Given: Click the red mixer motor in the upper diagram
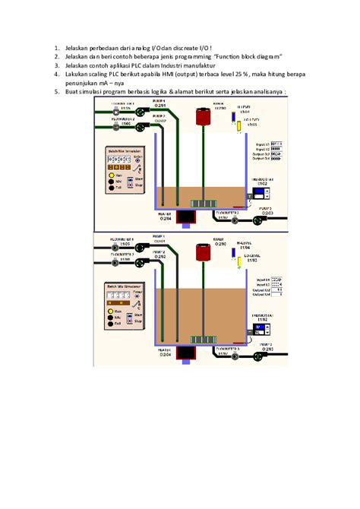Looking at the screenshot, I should (204, 116).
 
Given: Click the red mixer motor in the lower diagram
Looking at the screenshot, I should (204, 253).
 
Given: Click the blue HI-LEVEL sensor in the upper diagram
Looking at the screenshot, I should (234, 118).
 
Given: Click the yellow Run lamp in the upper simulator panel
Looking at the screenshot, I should (111, 175).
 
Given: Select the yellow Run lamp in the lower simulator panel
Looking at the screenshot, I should (111, 311).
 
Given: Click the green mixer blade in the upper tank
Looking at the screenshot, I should (204, 203).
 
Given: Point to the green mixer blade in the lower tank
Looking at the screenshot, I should (204, 340).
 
